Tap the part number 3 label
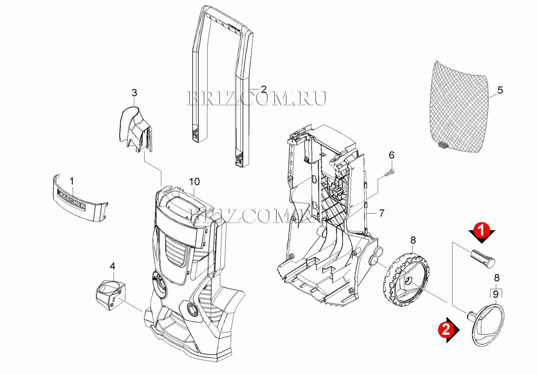(x=134, y=93)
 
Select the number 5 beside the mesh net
(x=500, y=90)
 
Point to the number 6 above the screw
(x=392, y=155)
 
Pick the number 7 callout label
(x=382, y=213)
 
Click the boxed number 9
(x=496, y=294)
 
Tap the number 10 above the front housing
(x=195, y=181)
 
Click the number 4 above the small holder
(x=112, y=266)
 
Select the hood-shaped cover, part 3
(x=135, y=129)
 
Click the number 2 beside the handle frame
(x=263, y=89)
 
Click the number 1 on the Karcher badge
(x=72, y=181)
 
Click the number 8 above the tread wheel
(x=413, y=240)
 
